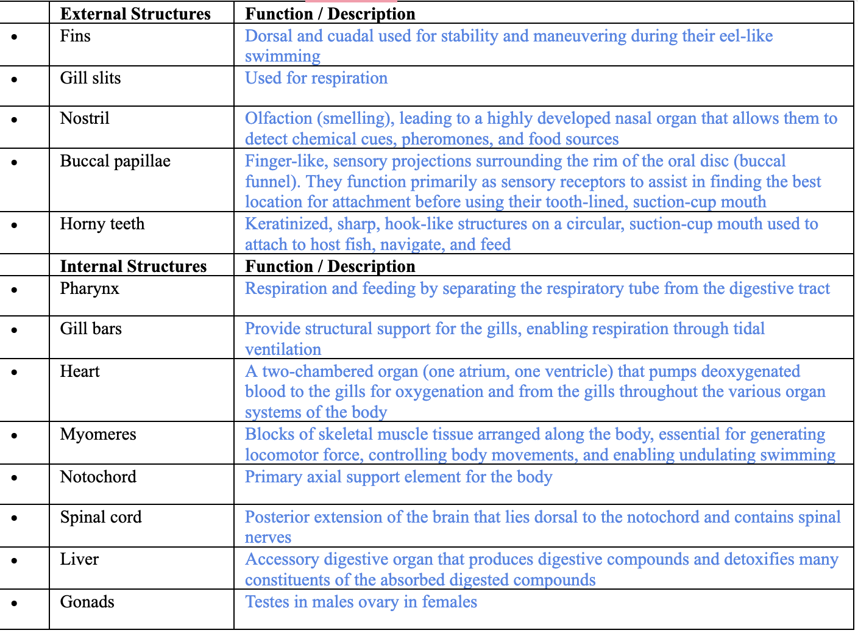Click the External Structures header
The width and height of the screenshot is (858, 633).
pyautogui.click(x=135, y=13)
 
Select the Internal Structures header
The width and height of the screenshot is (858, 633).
pyautogui.click(x=133, y=266)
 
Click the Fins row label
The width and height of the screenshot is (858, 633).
pyautogui.click(x=75, y=36)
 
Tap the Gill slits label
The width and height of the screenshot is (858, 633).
pyautogui.click(x=90, y=78)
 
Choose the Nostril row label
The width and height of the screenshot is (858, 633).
pyautogui.click(x=85, y=118)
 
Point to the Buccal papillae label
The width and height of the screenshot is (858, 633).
pyautogui.click(x=115, y=161)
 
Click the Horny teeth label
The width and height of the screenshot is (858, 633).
pyautogui.click(x=102, y=224)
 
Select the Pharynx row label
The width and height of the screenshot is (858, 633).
pyautogui.click(x=90, y=288)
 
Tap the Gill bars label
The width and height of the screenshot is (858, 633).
pyautogui.click(x=91, y=329)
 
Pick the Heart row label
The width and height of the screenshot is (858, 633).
pyautogui.click(x=80, y=371)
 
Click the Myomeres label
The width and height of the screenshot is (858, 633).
pyautogui.click(x=98, y=434)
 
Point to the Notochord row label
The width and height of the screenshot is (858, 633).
pyautogui.click(x=98, y=477)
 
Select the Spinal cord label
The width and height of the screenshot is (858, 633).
pyautogui.click(x=101, y=517)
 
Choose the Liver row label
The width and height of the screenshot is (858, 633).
pyautogui.click(x=79, y=559)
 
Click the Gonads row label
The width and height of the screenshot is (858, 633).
pyautogui.click(x=87, y=602)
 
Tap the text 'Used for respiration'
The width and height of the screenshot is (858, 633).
pyautogui.click(x=316, y=78)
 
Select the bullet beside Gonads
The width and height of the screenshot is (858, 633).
pyautogui.click(x=14, y=603)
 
